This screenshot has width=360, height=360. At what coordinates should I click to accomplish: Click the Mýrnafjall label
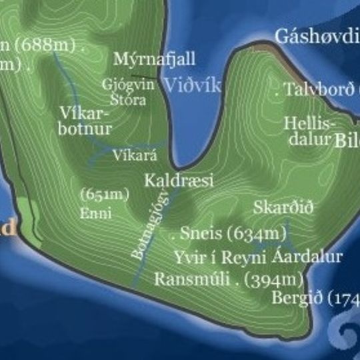click(154, 59)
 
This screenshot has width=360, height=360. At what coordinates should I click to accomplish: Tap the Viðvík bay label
click(193, 85)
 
